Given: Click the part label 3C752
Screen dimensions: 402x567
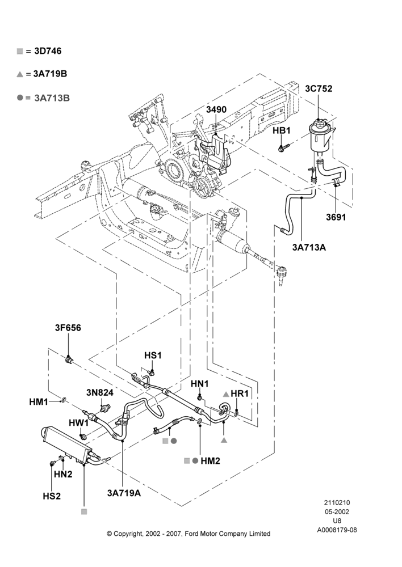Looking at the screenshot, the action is click(x=319, y=88).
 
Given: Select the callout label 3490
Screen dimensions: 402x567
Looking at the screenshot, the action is click(x=216, y=110).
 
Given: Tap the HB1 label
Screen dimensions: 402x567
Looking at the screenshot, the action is click(x=282, y=130).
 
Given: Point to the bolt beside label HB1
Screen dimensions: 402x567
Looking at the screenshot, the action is click(x=284, y=147).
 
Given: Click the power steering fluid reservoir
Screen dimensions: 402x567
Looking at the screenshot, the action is click(x=320, y=137).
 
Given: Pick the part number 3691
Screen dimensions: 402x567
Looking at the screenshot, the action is click(x=336, y=217).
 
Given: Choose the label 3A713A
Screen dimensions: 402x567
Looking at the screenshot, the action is click(x=309, y=247).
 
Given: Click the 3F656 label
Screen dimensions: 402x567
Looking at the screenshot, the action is click(x=68, y=328).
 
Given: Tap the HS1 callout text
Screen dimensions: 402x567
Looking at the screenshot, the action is click(x=153, y=356).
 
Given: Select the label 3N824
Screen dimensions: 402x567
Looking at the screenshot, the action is click(x=99, y=393).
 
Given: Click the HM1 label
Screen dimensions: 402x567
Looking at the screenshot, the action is click(x=39, y=402).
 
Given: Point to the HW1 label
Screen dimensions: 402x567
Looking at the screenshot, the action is click(x=78, y=423).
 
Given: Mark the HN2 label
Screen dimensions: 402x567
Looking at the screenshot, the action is click(x=63, y=474).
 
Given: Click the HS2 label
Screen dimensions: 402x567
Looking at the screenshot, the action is click(x=52, y=496).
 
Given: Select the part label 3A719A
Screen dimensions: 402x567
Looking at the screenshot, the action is click(x=124, y=493).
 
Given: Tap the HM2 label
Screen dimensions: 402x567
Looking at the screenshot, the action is click(x=211, y=460).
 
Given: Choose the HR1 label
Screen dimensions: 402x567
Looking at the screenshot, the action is click(x=240, y=393).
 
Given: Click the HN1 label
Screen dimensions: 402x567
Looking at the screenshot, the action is click(x=199, y=384).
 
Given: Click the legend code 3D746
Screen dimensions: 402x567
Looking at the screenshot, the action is click(x=48, y=51).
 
